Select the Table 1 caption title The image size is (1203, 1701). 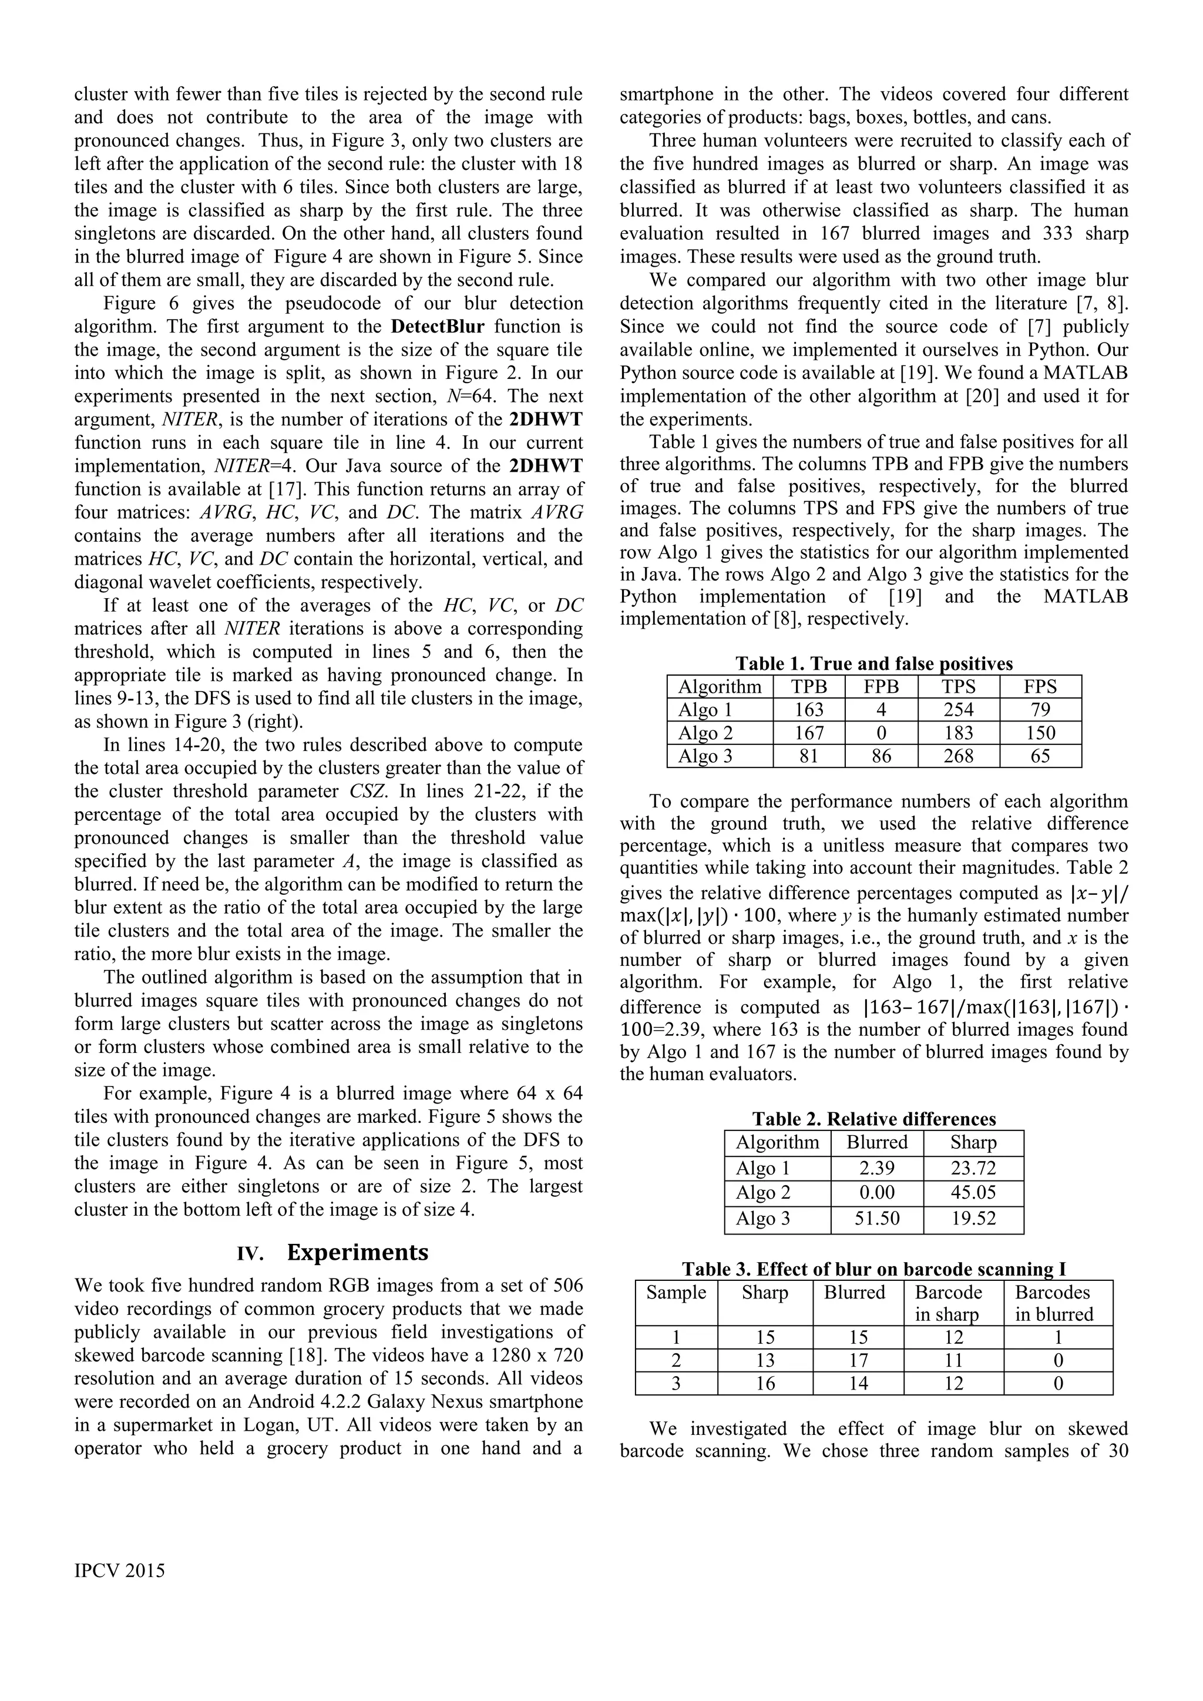[x=873, y=664]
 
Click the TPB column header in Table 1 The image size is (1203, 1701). [x=808, y=687]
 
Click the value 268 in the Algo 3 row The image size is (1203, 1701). [x=958, y=756]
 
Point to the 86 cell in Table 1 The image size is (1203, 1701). [x=881, y=756]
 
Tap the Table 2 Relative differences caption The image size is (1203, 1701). [x=873, y=1119]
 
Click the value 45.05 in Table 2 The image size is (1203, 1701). [x=973, y=1193]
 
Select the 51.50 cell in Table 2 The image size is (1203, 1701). [x=876, y=1219]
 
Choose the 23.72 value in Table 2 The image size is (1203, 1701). [x=973, y=1168]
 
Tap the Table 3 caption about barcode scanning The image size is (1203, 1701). [x=873, y=1270]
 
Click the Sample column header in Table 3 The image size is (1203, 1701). [x=676, y=1293]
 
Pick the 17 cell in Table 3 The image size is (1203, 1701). [x=858, y=1361]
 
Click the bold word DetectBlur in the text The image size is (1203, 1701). [x=437, y=327]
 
